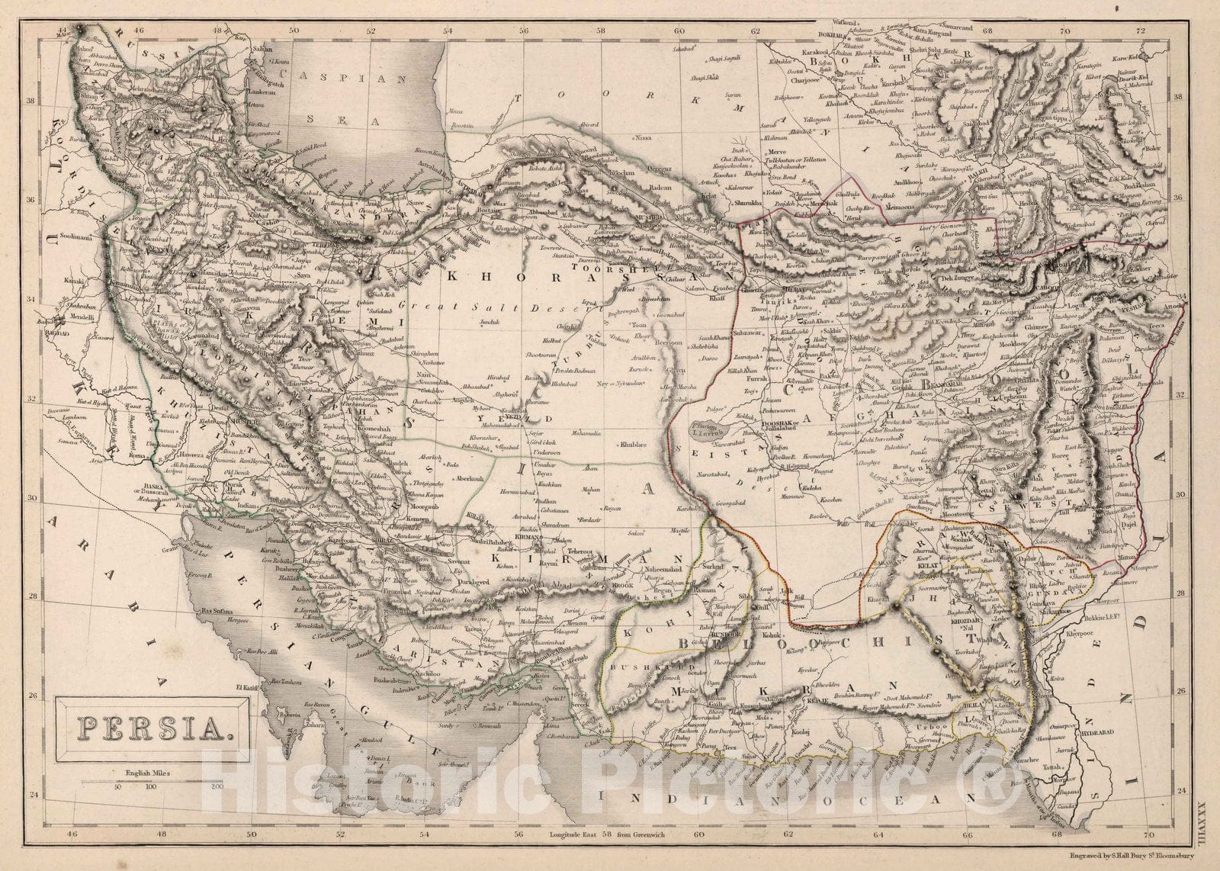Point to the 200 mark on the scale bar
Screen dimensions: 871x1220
pos(217,786)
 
